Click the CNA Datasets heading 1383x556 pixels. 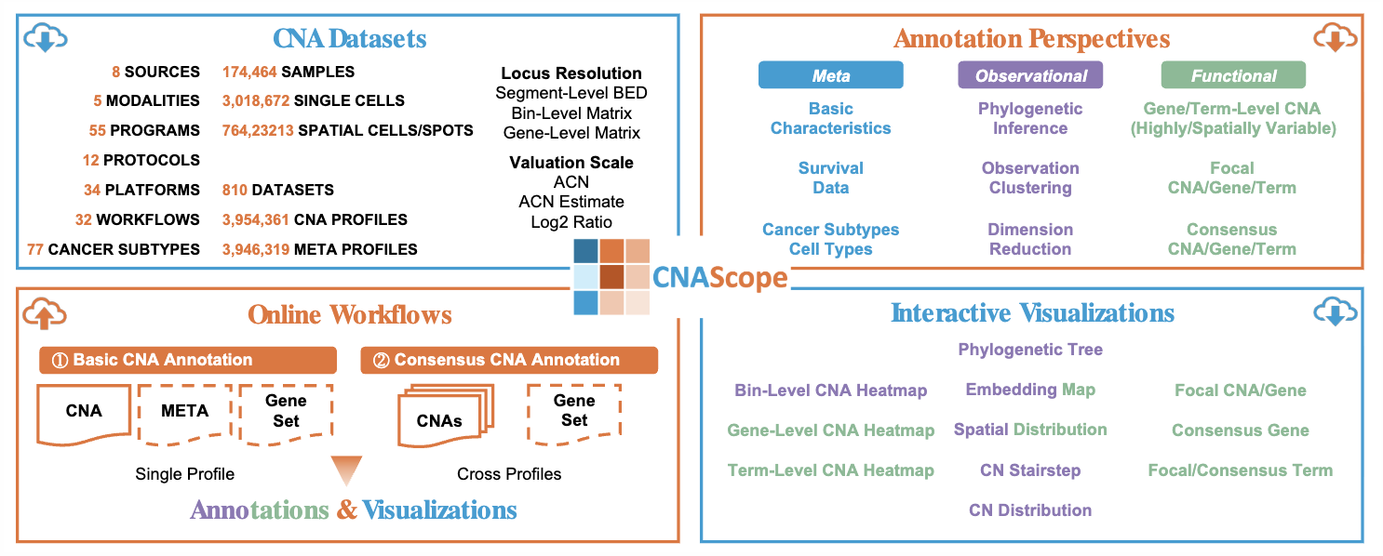pos(349,38)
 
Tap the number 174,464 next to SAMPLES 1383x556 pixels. pos(248,72)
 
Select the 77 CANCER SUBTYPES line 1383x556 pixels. pos(114,249)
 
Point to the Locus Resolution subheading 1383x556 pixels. pos(571,73)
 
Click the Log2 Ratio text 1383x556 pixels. pos(571,222)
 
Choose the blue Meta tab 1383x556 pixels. pos(830,75)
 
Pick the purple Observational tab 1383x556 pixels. pos(1030,75)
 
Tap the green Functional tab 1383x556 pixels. pos(1233,75)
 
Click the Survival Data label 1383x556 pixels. pos(830,178)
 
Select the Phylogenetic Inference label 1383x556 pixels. pos(1030,118)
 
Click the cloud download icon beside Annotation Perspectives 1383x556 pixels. pos(1333,38)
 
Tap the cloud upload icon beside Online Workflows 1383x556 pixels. pos(45,313)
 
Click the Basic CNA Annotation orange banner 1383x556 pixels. pos(188,360)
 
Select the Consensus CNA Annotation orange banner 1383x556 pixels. pos(509,360)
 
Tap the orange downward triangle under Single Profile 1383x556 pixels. pos(345,469)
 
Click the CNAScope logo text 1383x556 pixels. pos(719,277)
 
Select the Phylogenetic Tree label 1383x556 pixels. pos(1030,350)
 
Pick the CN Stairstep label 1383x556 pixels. pos(1030,470)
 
